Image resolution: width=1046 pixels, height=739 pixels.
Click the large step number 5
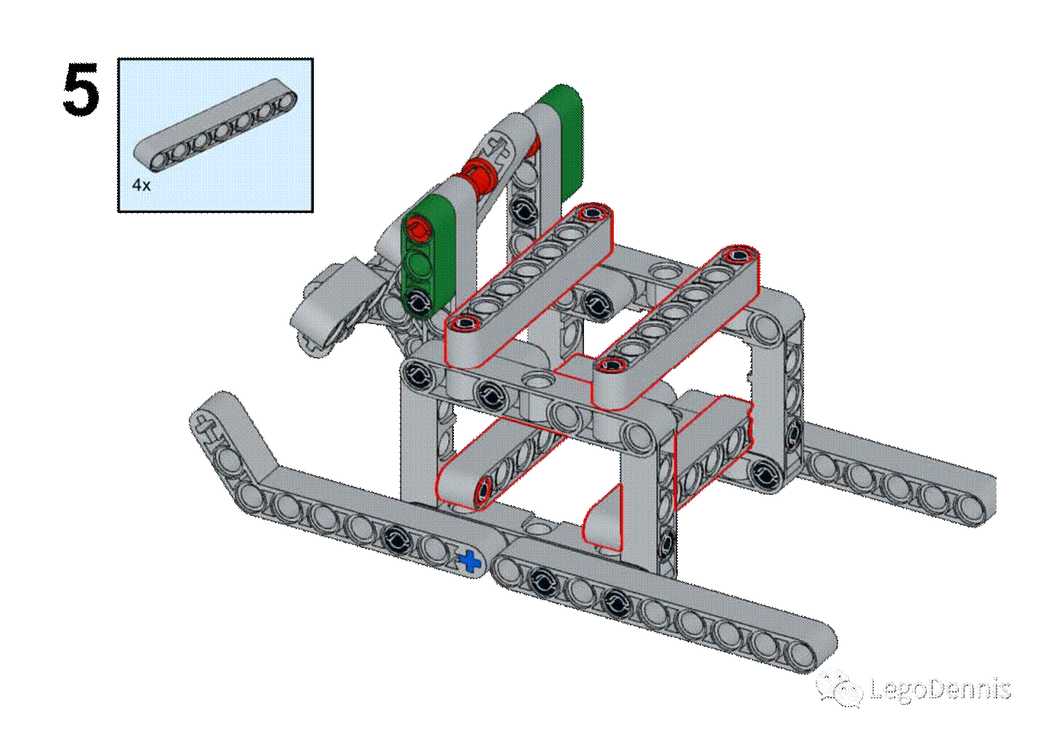81,89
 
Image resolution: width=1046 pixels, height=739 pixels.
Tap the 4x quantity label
142,185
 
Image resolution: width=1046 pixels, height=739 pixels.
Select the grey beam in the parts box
215,124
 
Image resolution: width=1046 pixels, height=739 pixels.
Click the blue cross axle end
470,560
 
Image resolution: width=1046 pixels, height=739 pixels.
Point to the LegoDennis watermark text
940,688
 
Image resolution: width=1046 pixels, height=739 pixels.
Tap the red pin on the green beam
418,230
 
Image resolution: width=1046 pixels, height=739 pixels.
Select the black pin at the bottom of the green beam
418,302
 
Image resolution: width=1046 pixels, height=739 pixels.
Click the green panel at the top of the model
563,140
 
